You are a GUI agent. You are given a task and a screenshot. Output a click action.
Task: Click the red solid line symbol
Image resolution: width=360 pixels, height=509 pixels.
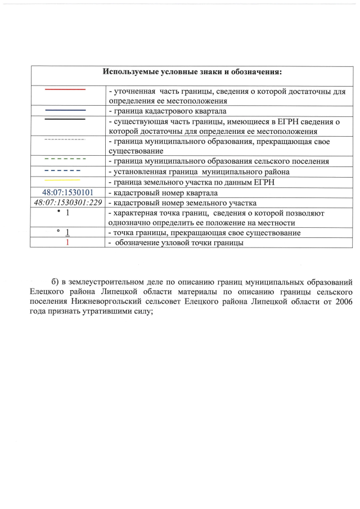[x=65, y=89]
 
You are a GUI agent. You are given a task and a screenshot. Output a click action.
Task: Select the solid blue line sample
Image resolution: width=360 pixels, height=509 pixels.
[x=65, y=110]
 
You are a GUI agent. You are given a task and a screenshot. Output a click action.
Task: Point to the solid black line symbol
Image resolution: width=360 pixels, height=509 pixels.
[x=65, y=120]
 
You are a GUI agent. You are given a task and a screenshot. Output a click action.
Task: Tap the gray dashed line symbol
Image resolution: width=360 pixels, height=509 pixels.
[x=65, y=139]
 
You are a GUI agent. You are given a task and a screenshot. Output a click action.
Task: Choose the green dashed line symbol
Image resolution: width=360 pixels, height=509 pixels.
[x=65, y=160]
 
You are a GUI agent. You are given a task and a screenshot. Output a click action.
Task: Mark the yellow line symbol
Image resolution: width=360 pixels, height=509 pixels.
[x=65, y=181]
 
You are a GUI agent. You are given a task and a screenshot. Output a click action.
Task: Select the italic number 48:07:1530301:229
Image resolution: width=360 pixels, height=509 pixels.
[x=67, y=202]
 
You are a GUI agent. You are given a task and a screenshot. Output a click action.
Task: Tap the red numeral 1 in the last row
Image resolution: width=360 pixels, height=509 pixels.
[x=67, y=242]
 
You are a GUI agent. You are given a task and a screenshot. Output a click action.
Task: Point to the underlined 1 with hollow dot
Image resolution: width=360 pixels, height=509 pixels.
[x=67, y=232]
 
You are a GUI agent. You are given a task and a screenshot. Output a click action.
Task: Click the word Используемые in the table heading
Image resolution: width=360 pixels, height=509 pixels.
[x=130, y=72]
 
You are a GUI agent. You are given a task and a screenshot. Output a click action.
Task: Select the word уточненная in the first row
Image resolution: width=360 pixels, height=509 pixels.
[x=134, y=91]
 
